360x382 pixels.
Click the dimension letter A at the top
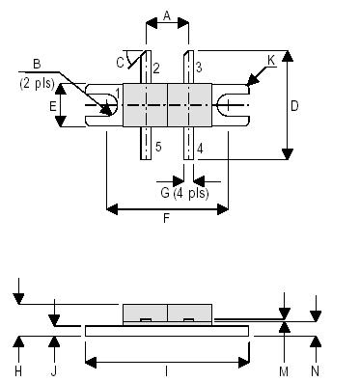[x=167, y=15]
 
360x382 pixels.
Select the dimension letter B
[x=37, y=64]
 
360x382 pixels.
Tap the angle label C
[x=120, y=63]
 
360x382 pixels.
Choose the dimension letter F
[x=167, y=219]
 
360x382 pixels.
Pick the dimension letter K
[x=271, y=60]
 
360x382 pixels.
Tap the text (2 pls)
[x=38, y=82]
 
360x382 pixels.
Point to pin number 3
[x=197, y=67]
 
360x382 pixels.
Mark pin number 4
[x=198, y=148]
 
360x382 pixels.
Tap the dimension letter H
[x=18, y=370]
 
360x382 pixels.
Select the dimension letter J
[x=55, y=370]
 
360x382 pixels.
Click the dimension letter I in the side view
[x=168, y=370]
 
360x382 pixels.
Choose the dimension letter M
[x=284, y=370]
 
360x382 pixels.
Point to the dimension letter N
[x=316, y=370]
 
